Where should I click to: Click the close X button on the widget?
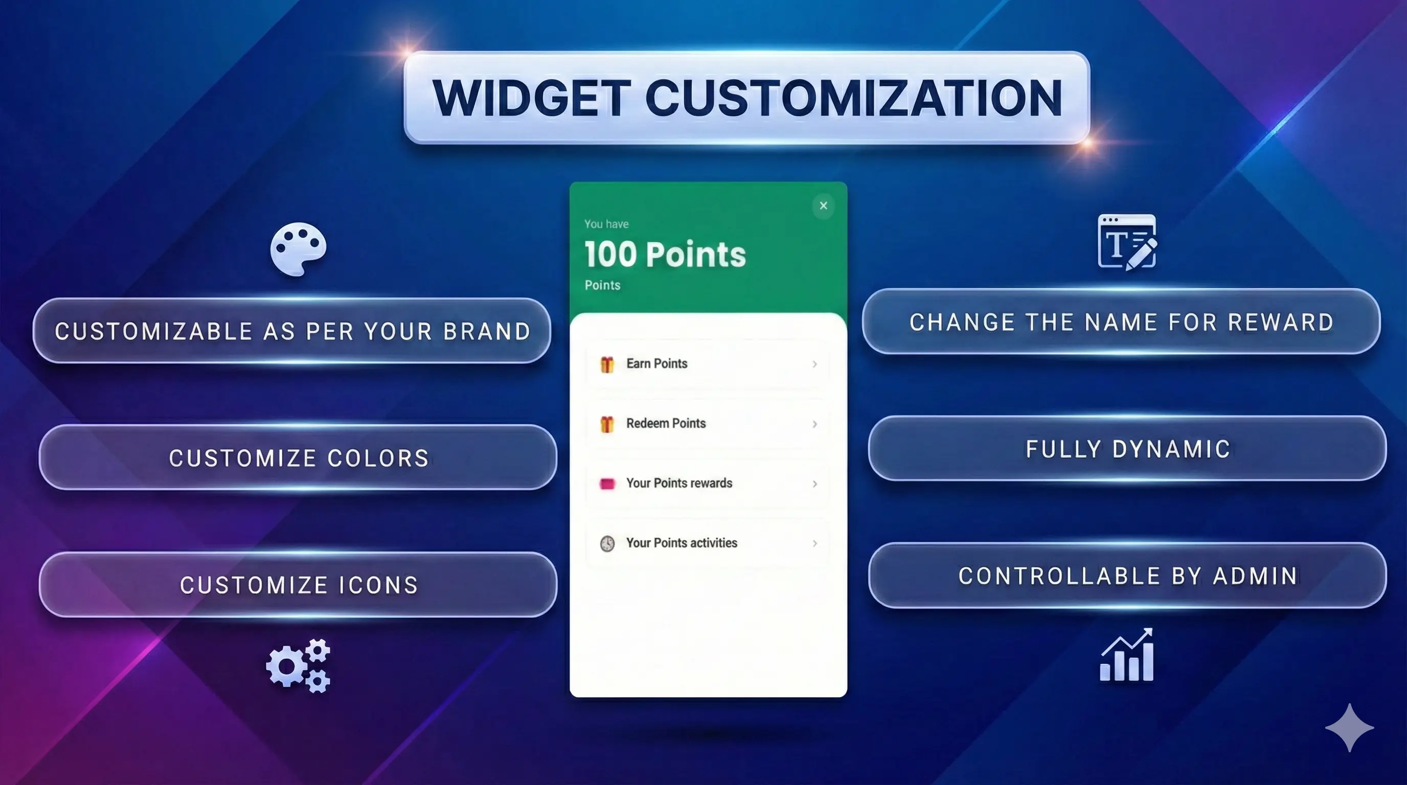pos(823,206)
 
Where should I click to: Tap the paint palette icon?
pos(298,248)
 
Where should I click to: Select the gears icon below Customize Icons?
pos(298,665)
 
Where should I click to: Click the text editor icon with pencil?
pos(1127,242)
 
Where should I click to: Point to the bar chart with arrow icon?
pos(1127,655)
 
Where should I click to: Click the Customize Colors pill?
pos(298,457)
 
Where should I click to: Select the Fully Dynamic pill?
pos(1127,449)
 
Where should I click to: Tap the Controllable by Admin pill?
pos(1127,575)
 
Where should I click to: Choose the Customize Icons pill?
pos(298,585)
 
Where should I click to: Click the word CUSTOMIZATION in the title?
pos(854,98)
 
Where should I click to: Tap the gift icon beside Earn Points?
pos(607,364)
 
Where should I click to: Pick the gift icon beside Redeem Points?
pos(607,424)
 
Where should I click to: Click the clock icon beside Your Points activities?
pos(607,543)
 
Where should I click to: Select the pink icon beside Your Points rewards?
pos(607,483)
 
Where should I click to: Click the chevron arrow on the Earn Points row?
pos(814,364)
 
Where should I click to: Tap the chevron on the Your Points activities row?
pos(814,543)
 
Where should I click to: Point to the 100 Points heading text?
pos(665,255)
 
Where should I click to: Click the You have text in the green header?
pos(606,224)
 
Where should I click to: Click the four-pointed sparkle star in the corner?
pos(1349,728)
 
